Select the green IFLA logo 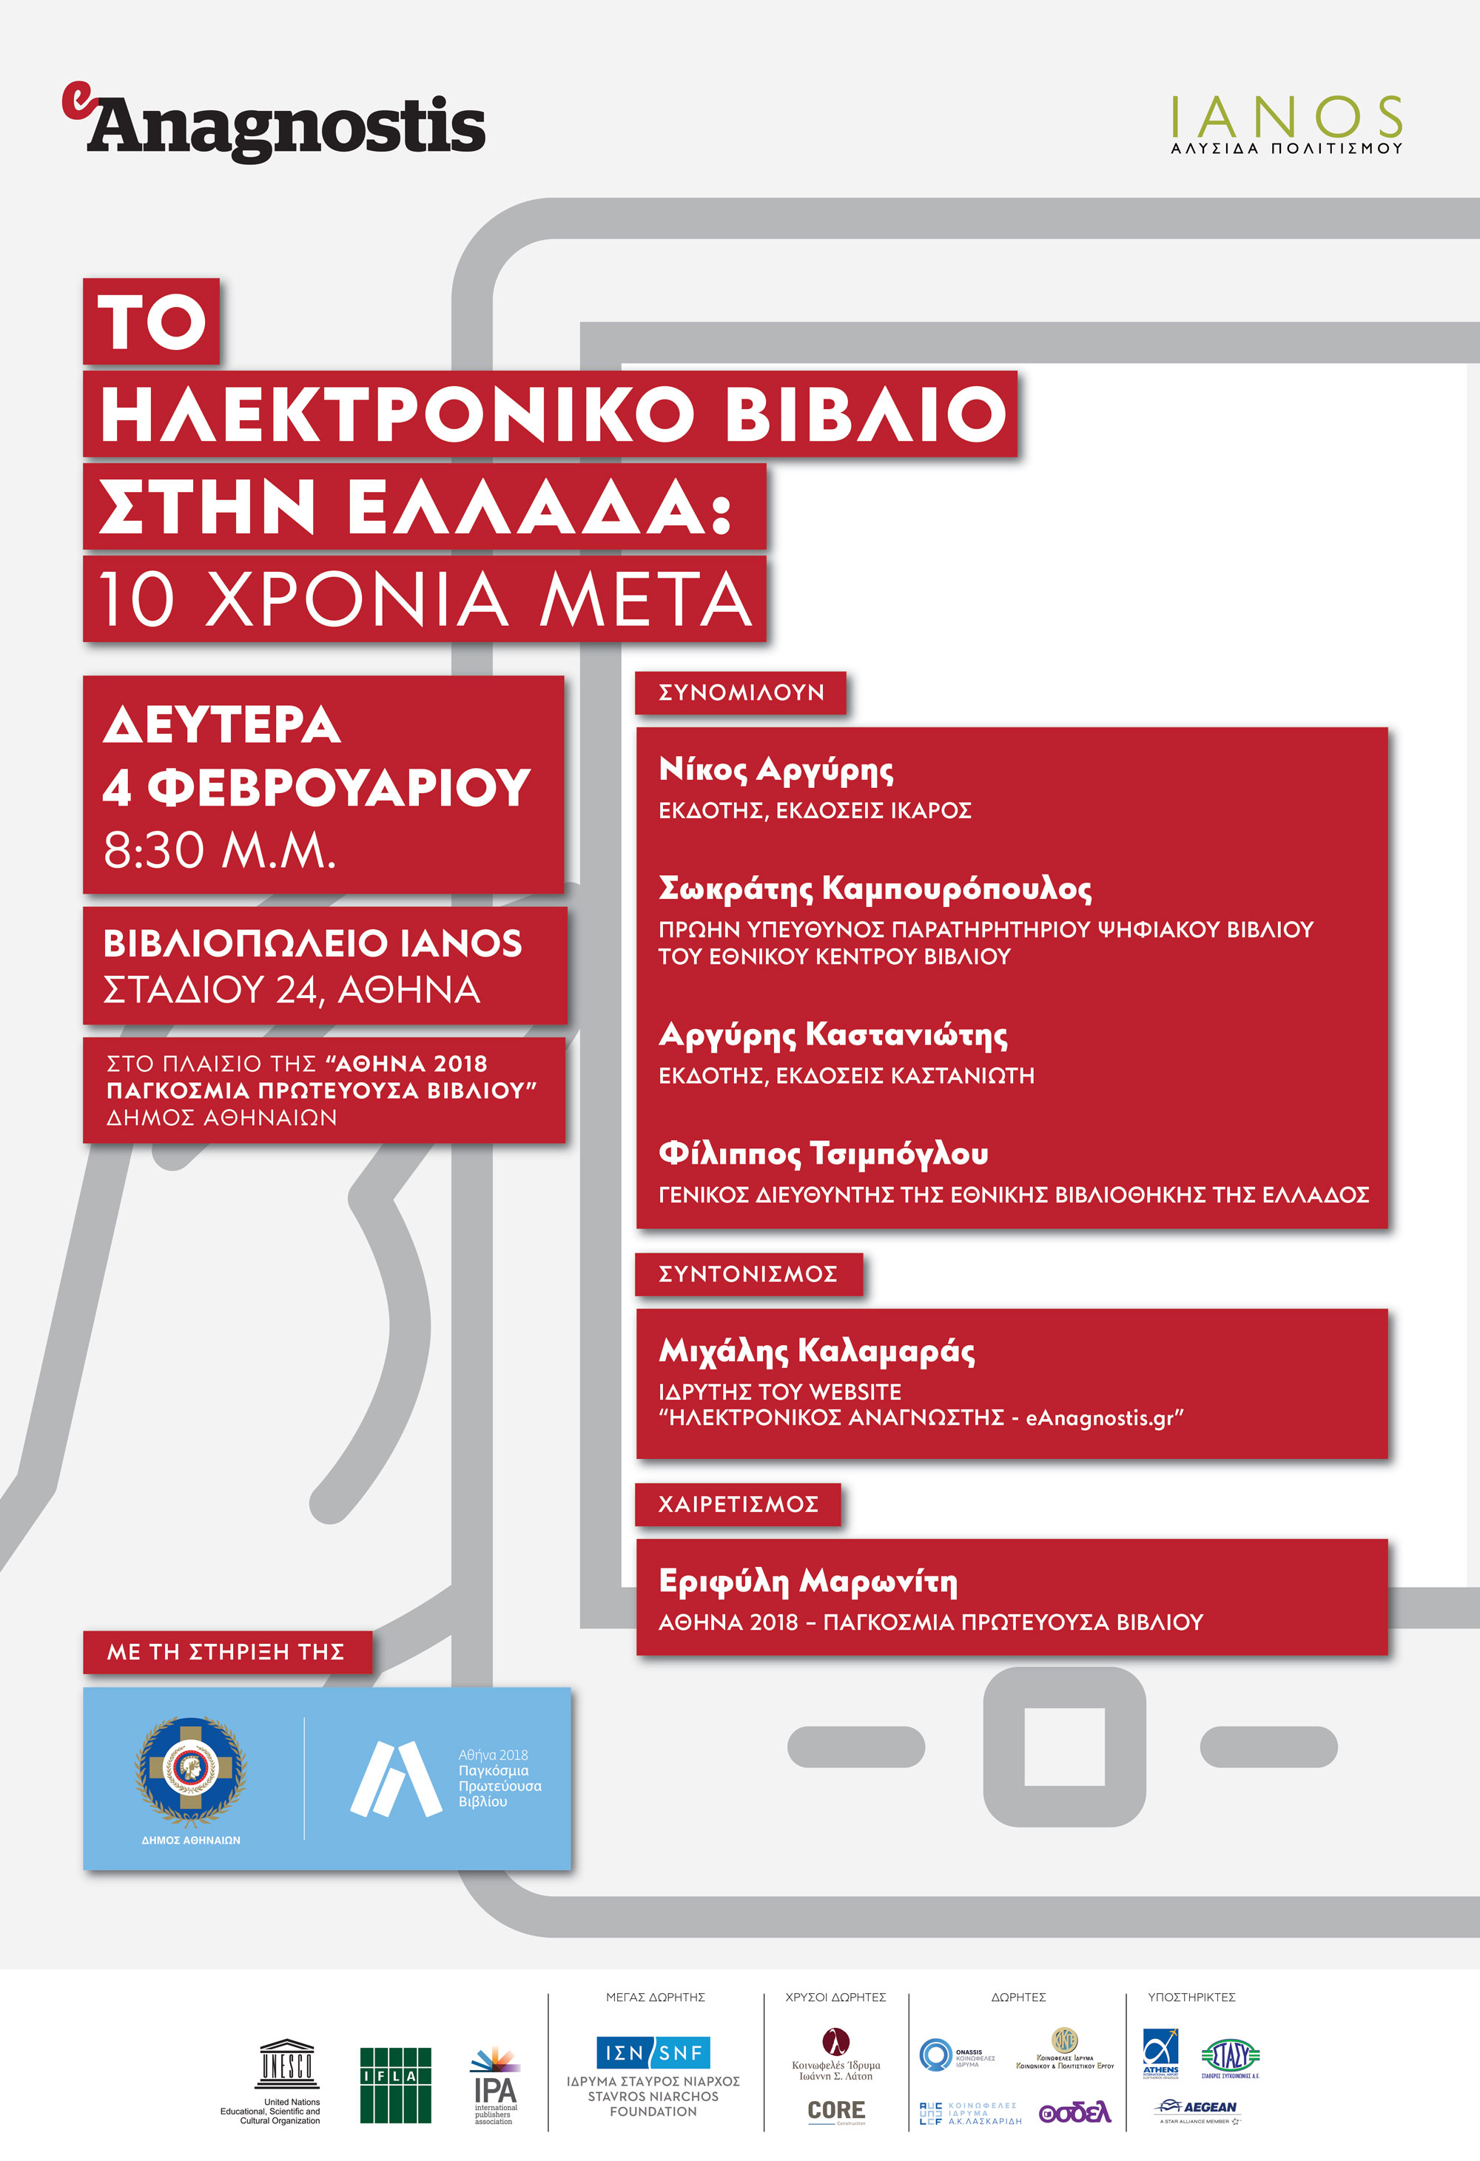pos(395,2085)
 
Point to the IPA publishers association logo pos(495,2085)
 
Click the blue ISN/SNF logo pos(653,2052)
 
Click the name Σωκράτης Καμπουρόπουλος pos(875,889)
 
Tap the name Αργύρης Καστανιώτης pos(832,1034)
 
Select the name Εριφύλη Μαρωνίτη pos(807,1581)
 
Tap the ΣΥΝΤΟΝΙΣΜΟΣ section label pos(748,1274)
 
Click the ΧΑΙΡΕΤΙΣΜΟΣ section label pos(738,1503)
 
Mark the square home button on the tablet pos(1064,1746)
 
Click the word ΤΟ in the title pos(152,322)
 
